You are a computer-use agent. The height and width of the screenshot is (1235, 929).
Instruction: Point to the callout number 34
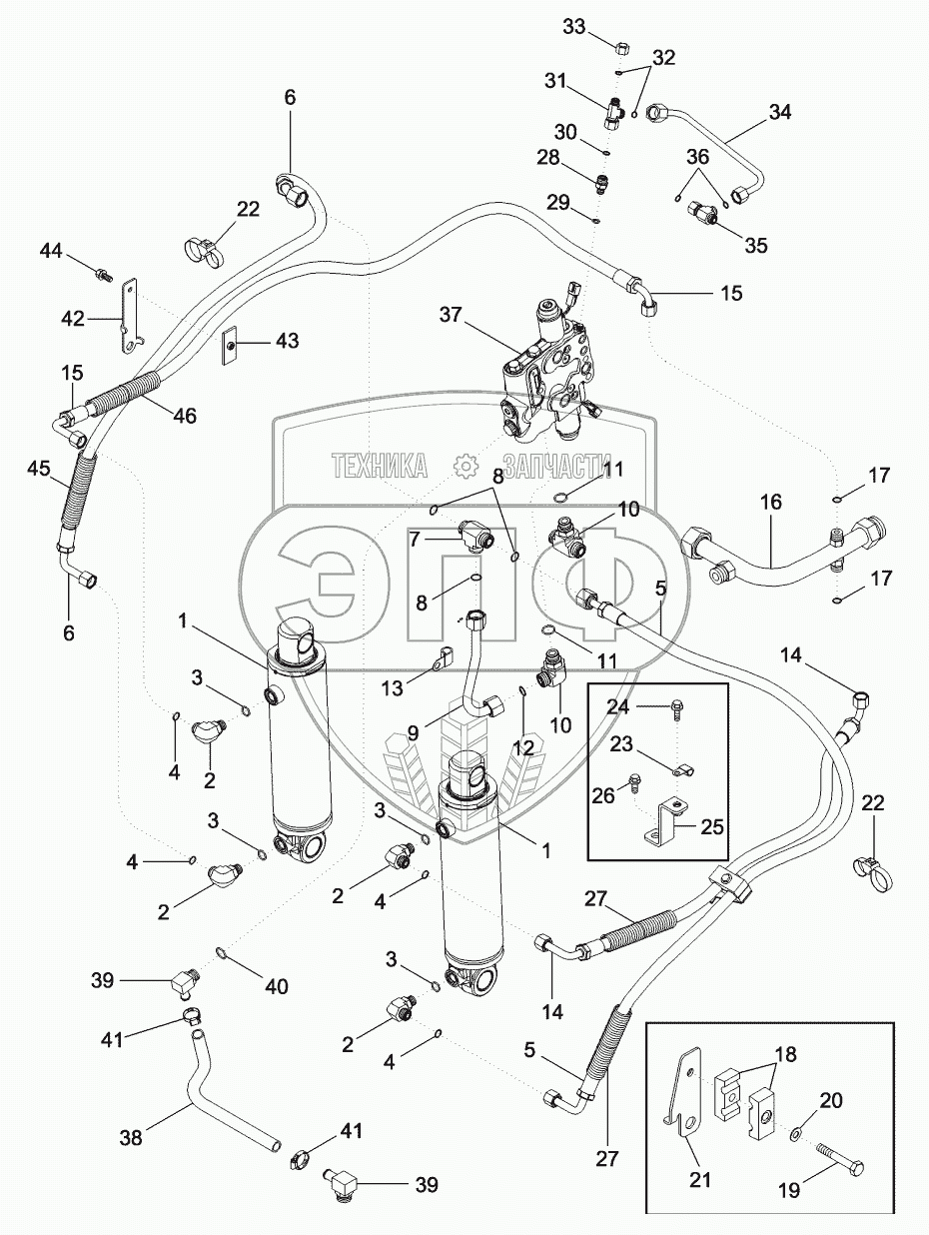pyautogui.click(x=779, y=113)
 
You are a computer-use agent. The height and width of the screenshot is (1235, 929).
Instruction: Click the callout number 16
pyautogui.click(x=771, y=502)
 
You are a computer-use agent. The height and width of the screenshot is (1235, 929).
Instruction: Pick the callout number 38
pyautogui.click(x=131, y=1136)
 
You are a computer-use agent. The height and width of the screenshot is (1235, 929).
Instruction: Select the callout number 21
pyautogui.click(x=700, y=1179)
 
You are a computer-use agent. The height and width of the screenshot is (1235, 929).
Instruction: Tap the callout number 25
pyautogui.click(x=712, y=826)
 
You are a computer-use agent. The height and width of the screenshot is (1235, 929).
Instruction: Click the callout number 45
pyautogui.click(x=39, y=468)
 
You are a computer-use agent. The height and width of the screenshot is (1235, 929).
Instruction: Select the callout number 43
pyautogui.click(x=286, y=342)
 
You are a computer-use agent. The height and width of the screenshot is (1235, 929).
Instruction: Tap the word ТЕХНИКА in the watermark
pyautogui.click(x=380, y=466)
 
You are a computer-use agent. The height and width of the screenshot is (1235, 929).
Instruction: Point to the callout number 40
pyautogui.click(x=276, y=986)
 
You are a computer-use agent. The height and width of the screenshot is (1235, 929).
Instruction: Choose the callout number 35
pyautogui.click(x=755, y=243)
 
